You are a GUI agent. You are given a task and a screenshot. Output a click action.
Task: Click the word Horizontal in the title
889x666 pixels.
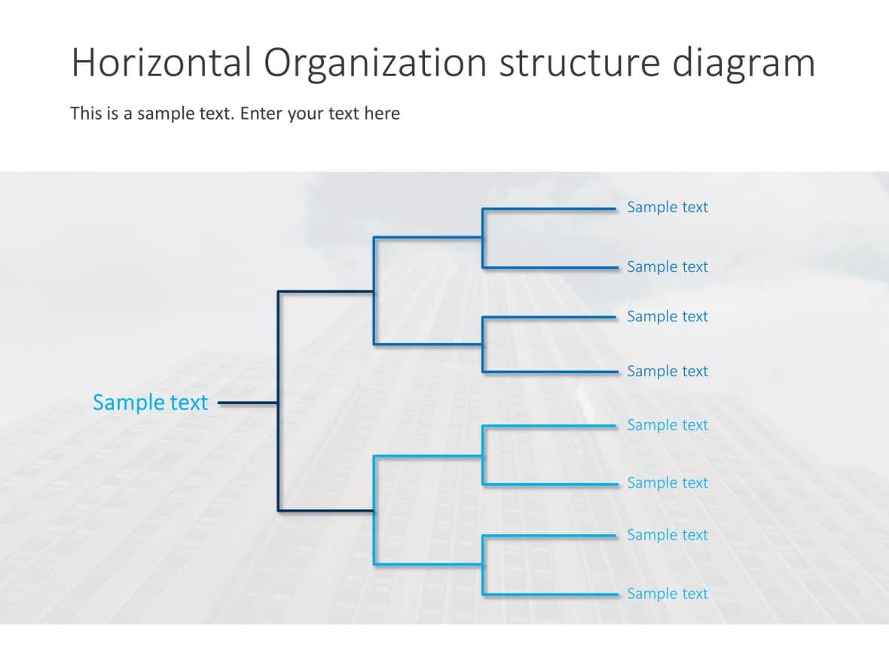(x=160, y=62)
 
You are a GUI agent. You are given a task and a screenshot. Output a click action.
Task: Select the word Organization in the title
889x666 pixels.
(x=375, y=62)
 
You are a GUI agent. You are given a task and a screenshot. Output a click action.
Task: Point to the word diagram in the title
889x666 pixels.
(x=744, y=62)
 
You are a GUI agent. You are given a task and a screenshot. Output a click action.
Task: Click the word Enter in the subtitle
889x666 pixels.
(x=262, y=114)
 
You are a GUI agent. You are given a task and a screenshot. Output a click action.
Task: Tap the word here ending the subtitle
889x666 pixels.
(x=382, y=114)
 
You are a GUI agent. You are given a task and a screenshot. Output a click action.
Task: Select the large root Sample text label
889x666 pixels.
(x=150, y=403)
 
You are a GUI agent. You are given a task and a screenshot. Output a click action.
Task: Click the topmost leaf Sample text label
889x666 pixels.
(x=668, y=207)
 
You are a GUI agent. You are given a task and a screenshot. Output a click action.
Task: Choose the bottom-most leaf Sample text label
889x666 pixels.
(x=668, y=594)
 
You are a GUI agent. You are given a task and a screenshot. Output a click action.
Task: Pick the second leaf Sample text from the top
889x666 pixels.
(x=668, y=266)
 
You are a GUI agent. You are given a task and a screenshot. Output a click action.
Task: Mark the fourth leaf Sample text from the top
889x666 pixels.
(x=668, y=371)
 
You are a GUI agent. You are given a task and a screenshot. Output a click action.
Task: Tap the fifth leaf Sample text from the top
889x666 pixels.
(x=668, y=425)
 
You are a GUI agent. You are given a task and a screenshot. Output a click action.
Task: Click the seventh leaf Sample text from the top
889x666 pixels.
(x=668, y=535)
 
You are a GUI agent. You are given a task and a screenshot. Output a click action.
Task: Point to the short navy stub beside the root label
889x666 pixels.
(x=248, y=403)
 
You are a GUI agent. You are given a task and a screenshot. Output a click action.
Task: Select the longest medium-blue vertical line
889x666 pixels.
(x=374, y=290)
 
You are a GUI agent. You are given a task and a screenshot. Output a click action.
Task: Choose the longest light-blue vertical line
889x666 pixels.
(x=374, y=510)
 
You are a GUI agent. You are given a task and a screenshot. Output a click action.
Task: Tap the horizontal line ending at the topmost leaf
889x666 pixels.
(x=550, y=209)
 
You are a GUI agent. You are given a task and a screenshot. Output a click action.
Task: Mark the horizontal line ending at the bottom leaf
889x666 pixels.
(x=550, y=595)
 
